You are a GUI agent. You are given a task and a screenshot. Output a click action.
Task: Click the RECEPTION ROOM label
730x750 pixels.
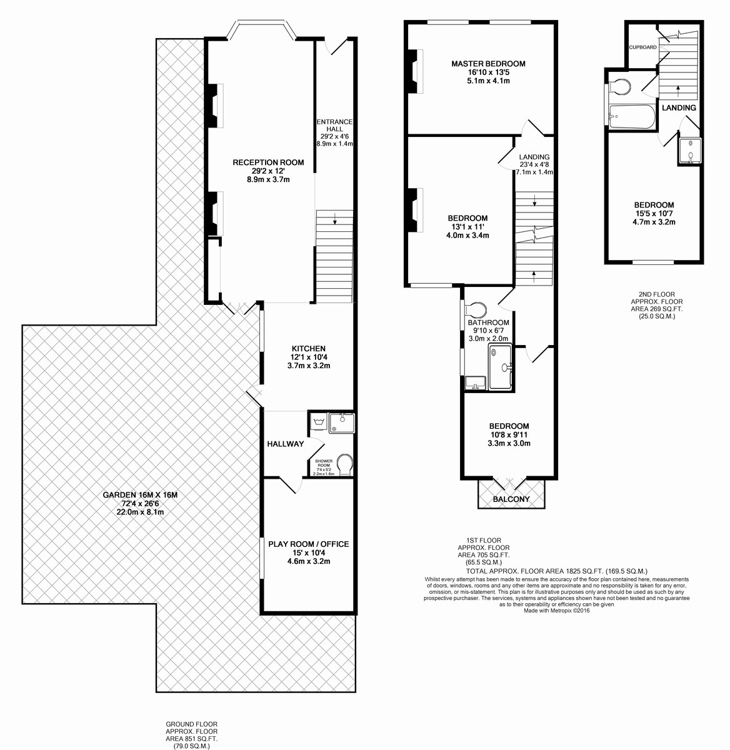[x=268, y=162]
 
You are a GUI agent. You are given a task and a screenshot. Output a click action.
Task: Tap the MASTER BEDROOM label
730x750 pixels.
[x=488, y=64]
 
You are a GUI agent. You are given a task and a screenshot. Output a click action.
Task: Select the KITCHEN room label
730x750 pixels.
[x=308, y=348]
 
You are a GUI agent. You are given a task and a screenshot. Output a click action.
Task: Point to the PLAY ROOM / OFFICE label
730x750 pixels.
[x=308, y=544]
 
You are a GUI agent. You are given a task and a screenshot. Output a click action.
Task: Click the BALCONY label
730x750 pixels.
[x=511, y=499]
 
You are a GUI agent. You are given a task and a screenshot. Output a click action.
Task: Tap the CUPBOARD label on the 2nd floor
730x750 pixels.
[x=642, y=47]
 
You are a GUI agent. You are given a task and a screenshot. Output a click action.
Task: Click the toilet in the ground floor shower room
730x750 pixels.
[x=344, y=464]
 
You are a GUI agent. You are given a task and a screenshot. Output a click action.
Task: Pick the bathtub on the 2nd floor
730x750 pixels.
[x=632, y=117]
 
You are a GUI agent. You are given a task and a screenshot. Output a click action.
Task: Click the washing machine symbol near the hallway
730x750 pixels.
[x=319, y=421]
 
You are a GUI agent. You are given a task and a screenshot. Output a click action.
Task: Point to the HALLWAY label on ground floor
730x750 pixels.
[x=286, y=444]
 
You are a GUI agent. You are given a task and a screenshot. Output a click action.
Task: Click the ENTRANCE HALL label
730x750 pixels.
[x=334, y=125]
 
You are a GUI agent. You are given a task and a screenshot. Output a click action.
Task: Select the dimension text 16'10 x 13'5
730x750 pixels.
[x=488, y=72]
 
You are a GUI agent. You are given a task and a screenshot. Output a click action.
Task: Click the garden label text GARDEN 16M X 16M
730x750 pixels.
[x=140, y=495]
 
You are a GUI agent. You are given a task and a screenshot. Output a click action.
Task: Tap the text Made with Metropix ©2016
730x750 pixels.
[x=556, y=611]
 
